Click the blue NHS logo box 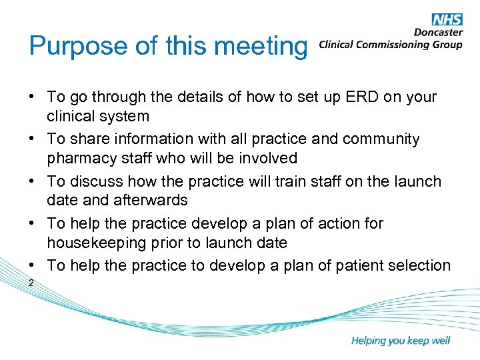point(447,19)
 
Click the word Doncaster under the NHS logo point(438,33)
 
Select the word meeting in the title point(263,47)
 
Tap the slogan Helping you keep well point(401,341)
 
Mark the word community point(381,139)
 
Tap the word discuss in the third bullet point(95,181)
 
